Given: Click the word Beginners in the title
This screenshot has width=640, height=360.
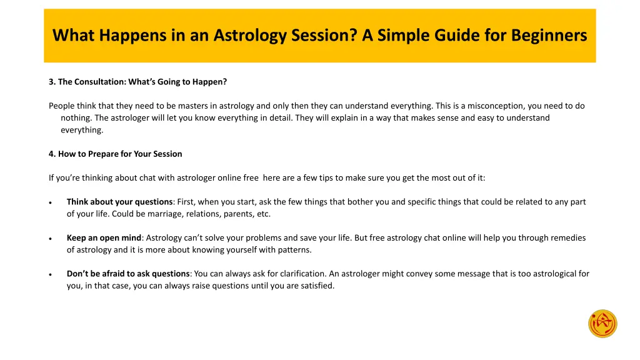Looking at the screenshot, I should (549, 36).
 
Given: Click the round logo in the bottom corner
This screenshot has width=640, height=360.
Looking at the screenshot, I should (602, 324).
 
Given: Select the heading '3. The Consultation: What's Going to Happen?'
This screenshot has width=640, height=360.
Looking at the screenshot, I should (137, 82).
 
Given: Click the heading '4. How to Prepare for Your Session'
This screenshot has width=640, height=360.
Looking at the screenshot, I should (116, 154).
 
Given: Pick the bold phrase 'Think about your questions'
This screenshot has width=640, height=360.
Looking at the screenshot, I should (119, 202).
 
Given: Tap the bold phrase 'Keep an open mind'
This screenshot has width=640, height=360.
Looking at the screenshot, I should (104, 237).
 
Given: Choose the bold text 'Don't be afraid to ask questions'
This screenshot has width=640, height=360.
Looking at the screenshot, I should (128, 274).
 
